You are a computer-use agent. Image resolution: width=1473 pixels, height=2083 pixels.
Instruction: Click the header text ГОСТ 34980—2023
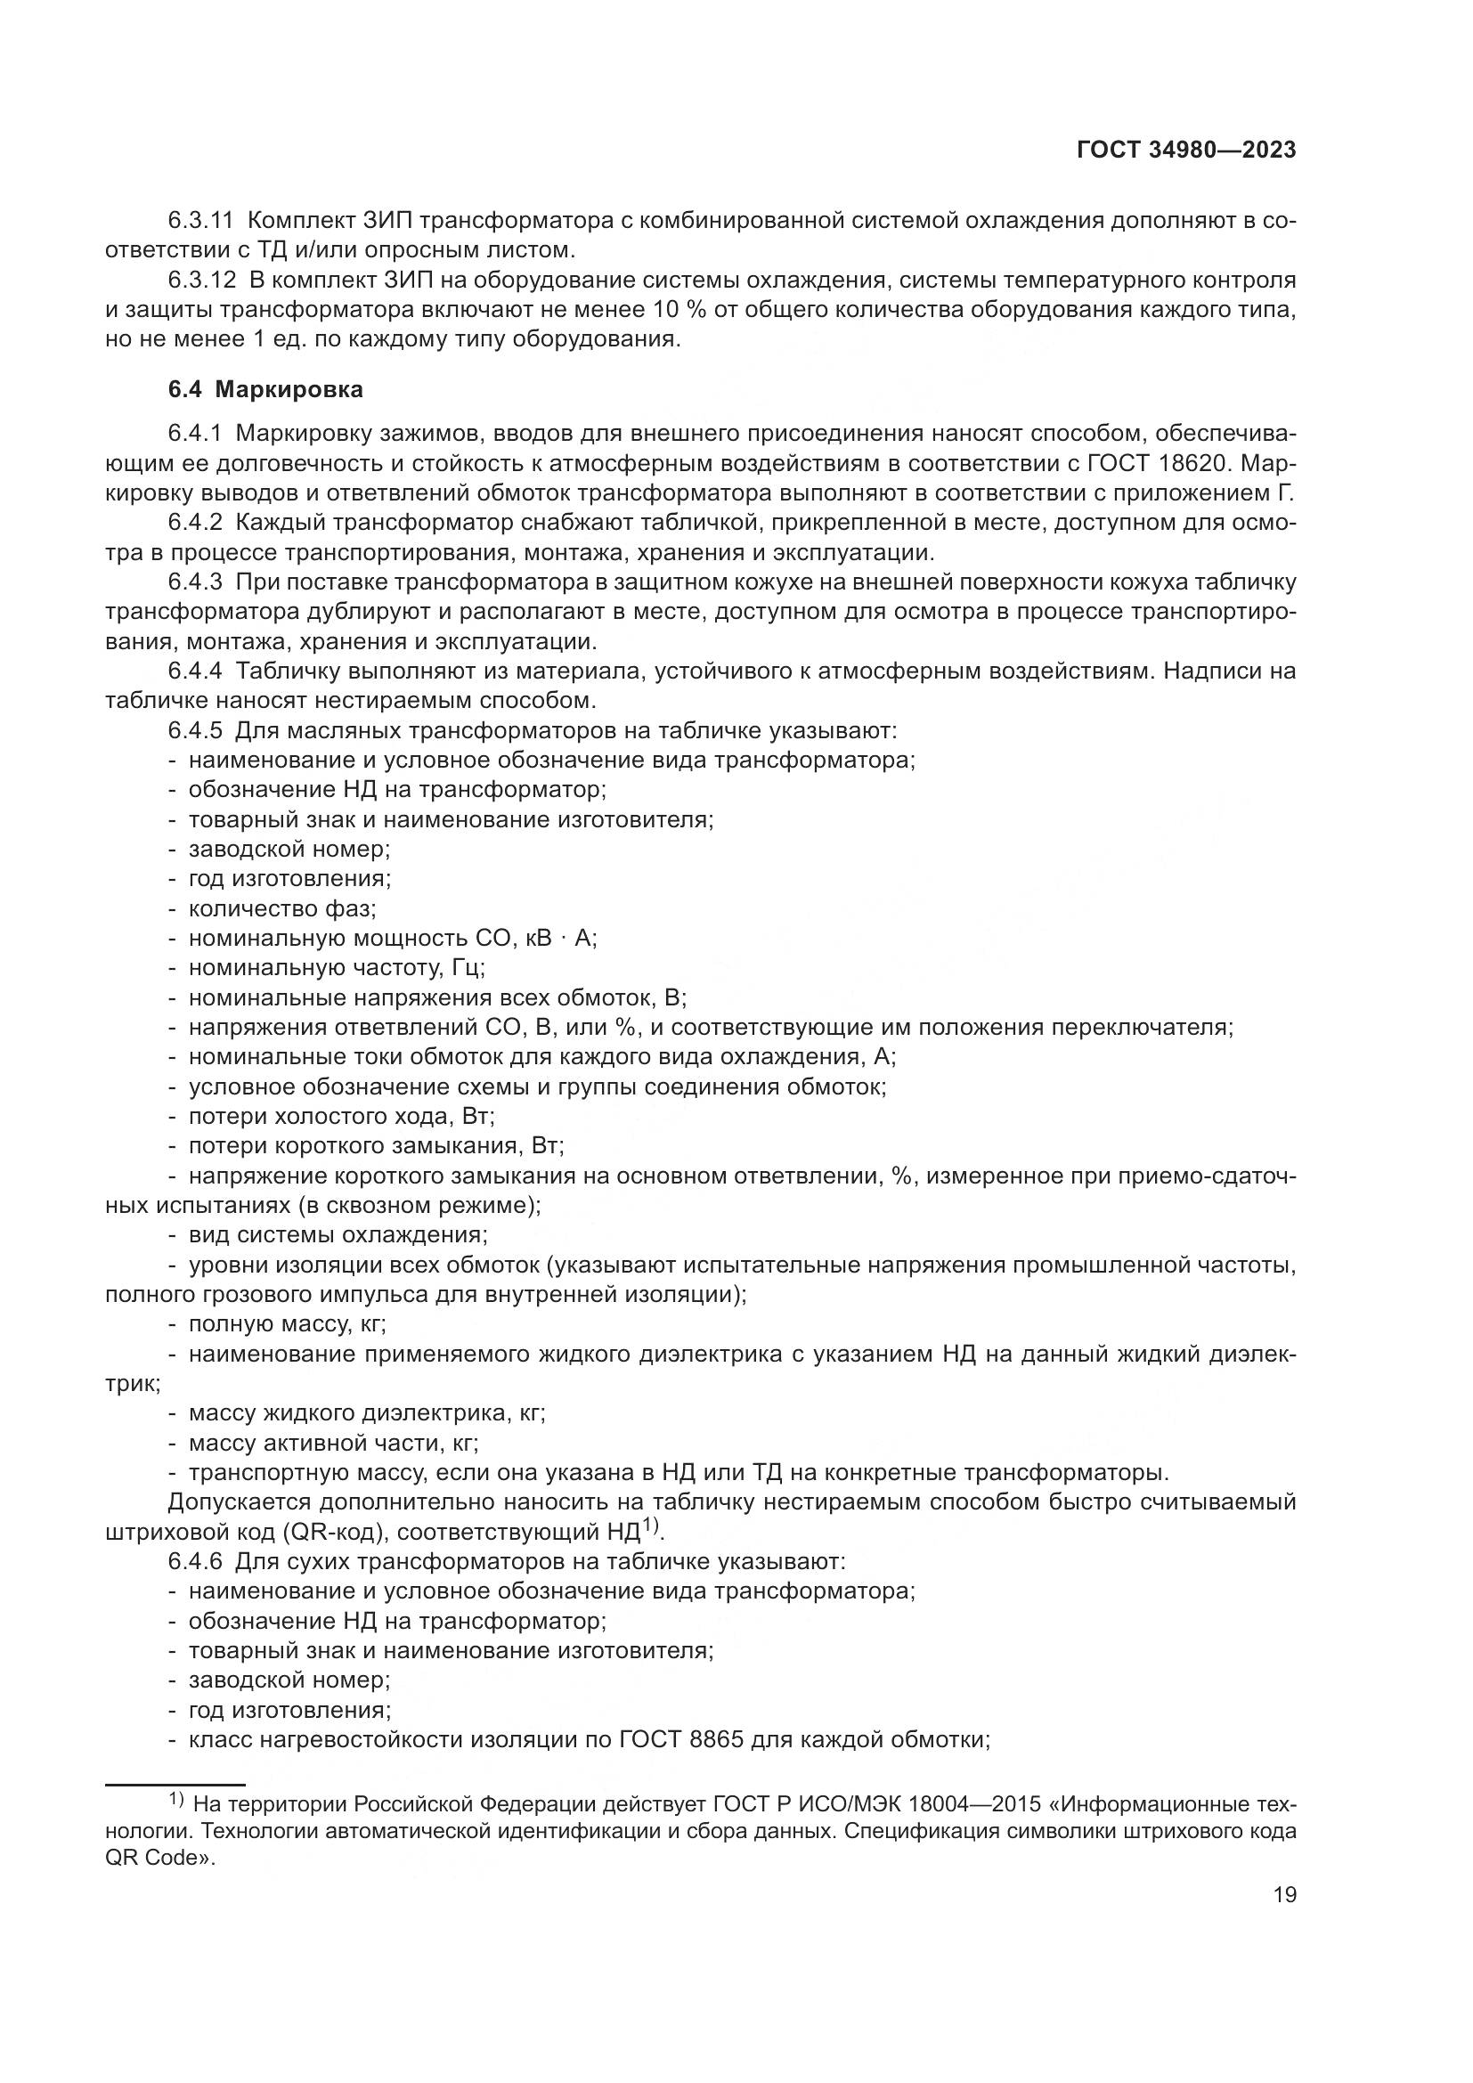tap(1186, 150)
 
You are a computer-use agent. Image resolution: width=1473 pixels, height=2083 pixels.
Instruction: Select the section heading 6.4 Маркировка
tap(265, 389)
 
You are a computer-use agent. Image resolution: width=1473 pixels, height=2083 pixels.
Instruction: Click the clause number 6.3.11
tap(201, 220)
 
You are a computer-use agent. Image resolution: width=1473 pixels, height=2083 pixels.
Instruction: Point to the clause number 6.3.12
tap(201, 280)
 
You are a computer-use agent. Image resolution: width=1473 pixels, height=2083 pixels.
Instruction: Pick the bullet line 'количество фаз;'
tap(282, 908)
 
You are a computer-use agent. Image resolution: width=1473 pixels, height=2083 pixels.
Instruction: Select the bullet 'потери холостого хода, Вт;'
tap(341, 1116)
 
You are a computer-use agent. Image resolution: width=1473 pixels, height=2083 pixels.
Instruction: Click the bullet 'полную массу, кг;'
tap(287, 1323)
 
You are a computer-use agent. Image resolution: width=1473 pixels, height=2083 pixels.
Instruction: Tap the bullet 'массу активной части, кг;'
tap(333, 1443)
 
